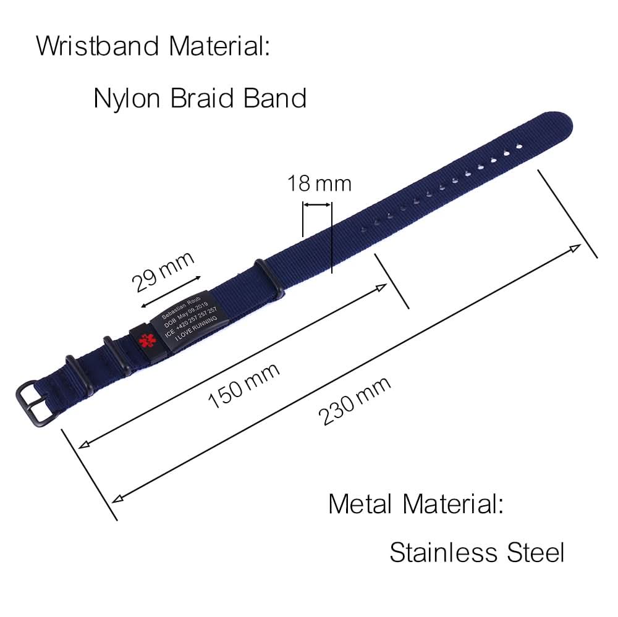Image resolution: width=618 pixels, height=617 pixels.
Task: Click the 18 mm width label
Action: point(319,183)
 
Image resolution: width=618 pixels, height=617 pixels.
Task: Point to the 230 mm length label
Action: point(355,401)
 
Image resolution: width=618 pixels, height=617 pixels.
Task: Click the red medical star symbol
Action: point(145,340)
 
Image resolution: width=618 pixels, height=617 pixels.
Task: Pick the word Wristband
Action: point(99,46)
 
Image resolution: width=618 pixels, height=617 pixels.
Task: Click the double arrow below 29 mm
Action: point(171,292)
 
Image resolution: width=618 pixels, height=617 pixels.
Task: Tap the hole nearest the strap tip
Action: point(519,148)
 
